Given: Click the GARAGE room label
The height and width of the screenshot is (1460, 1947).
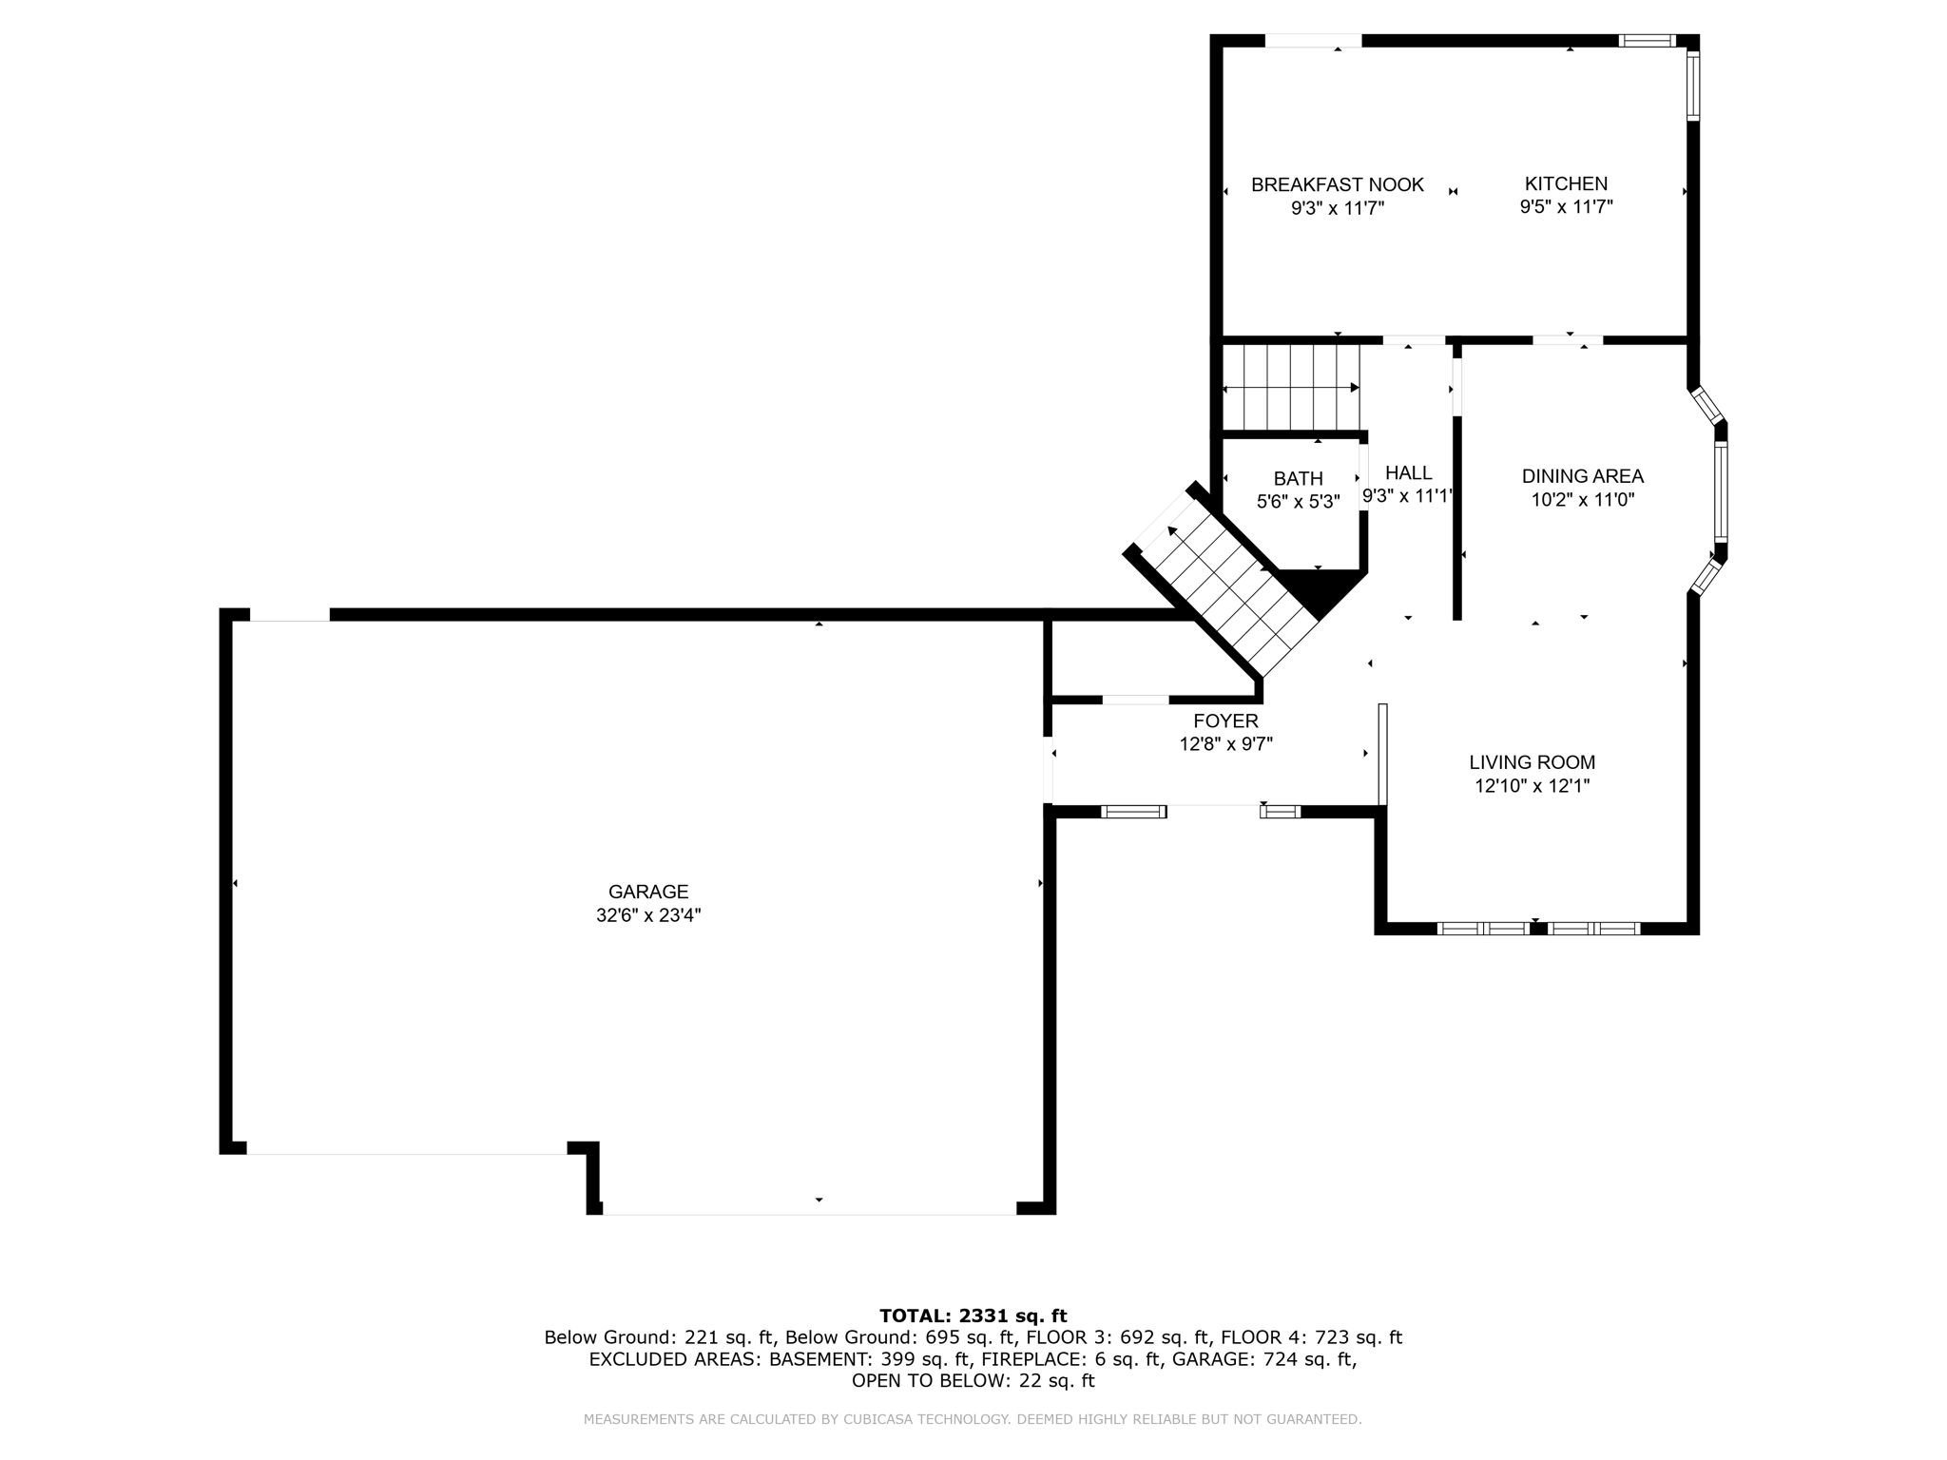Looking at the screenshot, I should click(x=648, y=892).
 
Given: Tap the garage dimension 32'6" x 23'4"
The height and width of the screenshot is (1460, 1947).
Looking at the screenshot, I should click(x=648, y=915).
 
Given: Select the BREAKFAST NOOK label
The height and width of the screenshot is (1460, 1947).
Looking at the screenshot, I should click(x=1337, y=184).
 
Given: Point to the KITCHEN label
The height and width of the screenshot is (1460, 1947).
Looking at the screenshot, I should click(x=1566, y=183).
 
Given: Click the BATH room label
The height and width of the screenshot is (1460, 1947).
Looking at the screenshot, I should click(x=1298, y=478).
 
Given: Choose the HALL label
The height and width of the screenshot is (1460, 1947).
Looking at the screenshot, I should click(x=1408, y=472).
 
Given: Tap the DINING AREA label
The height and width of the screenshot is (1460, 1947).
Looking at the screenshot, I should click(x=1582, y=476).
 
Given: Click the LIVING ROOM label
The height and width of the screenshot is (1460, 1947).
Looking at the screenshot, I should click(x=1532, y=761).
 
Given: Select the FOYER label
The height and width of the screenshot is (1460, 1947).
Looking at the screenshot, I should click(x=1225, y=720).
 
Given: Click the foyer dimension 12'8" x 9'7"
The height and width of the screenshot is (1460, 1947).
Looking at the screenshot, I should click(x=1225, y=744).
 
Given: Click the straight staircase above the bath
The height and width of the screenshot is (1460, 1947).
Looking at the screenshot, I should click(x=1290, y=387).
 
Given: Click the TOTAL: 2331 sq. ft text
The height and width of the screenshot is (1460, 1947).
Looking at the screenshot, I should click(x=973, y=1316).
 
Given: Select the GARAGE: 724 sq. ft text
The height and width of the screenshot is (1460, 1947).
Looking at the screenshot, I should click(x=1263, y=1359).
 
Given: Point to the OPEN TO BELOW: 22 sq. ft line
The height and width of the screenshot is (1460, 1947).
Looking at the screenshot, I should click(x=973, y=1381).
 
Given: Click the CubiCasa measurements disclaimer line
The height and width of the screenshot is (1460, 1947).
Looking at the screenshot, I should click(x=973, y=1419).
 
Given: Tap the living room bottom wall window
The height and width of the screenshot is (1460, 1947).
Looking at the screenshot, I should click(x=1537, y=928).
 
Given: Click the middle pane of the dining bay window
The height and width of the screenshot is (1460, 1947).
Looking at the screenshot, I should click(x=1721, y=491).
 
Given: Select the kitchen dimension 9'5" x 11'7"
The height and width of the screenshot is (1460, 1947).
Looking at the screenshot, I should click(x=1566, y=207).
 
